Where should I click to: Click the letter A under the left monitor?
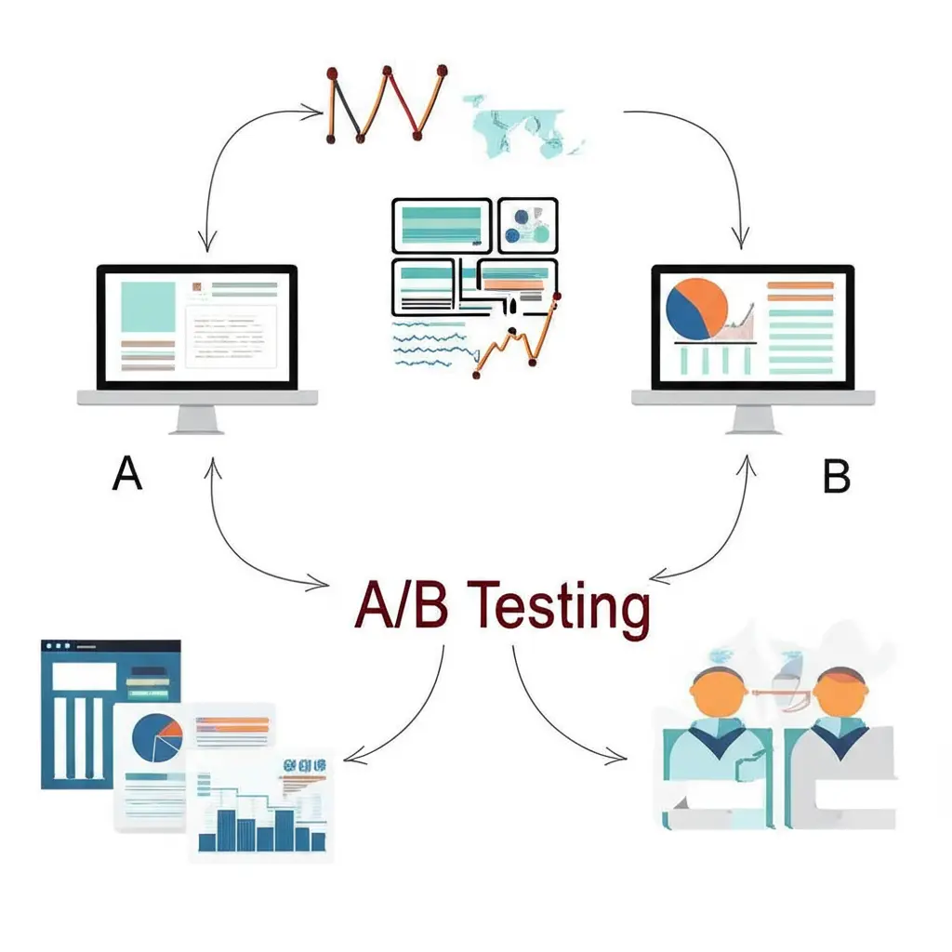[x=126, y=474]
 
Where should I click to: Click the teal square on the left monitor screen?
[x=148, y=308]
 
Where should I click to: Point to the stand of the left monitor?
[x=197, y=421]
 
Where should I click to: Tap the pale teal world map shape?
[x=525, y=126]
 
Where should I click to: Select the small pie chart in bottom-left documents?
[x=157, y=738]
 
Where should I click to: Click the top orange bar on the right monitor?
[x=799, y=285]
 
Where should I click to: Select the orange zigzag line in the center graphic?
[x=516, y=339]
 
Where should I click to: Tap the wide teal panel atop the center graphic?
[x=442, y=224]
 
